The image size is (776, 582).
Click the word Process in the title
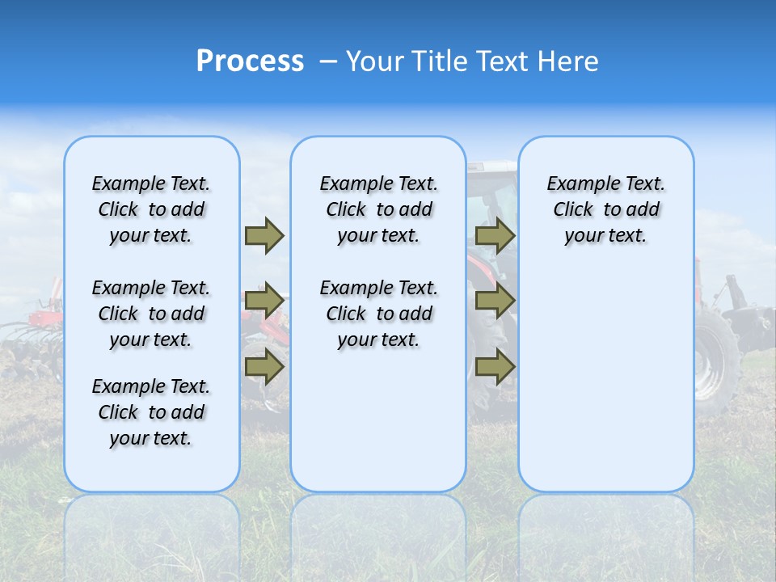coord(250,61)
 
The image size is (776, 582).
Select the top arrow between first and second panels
coord(264,235)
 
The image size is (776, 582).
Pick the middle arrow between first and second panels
coord(264,301)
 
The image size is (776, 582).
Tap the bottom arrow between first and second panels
coord(264,367)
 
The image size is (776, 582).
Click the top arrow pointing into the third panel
coord(495,235)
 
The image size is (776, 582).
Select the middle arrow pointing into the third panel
coord(495,301)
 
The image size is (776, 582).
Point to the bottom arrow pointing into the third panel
coord(495,367)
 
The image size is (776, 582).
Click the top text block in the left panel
coord(151,209)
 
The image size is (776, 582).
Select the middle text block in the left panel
coord(151,314)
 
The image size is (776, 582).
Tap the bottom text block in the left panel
coord(151,412)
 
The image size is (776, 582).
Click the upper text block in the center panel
coord(378,209)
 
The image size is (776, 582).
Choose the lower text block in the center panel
coord(378,314)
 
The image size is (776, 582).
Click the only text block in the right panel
coord(605,209)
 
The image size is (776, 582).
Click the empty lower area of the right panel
coord(605,388)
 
